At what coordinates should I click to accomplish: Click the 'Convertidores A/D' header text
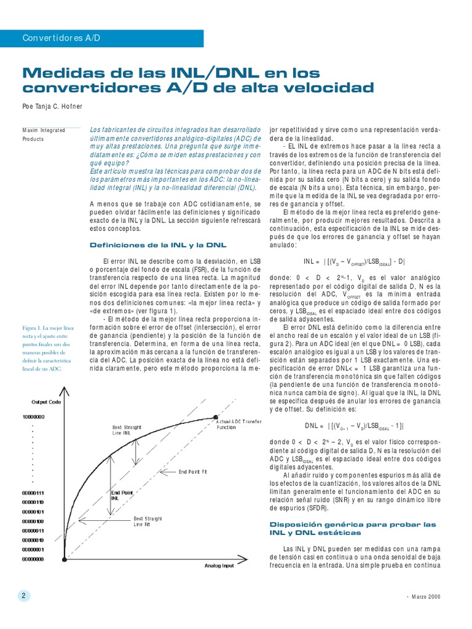click(61, 38)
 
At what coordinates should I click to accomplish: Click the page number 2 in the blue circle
click(23, 596)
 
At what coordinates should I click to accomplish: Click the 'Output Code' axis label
click(46, 402)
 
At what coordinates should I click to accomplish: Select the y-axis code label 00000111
click(33, 493)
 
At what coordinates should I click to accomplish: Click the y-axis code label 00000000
click(33, 559)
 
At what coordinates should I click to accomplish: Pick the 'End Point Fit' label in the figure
click(193, 472)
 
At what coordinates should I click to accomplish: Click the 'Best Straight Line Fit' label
click(146, 522)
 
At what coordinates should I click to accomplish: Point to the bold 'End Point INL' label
click(122, 495)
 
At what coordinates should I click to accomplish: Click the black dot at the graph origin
click(65, 559)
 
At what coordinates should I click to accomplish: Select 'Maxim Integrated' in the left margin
click(44, 131)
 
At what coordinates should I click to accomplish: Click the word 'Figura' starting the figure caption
click(29, 329)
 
